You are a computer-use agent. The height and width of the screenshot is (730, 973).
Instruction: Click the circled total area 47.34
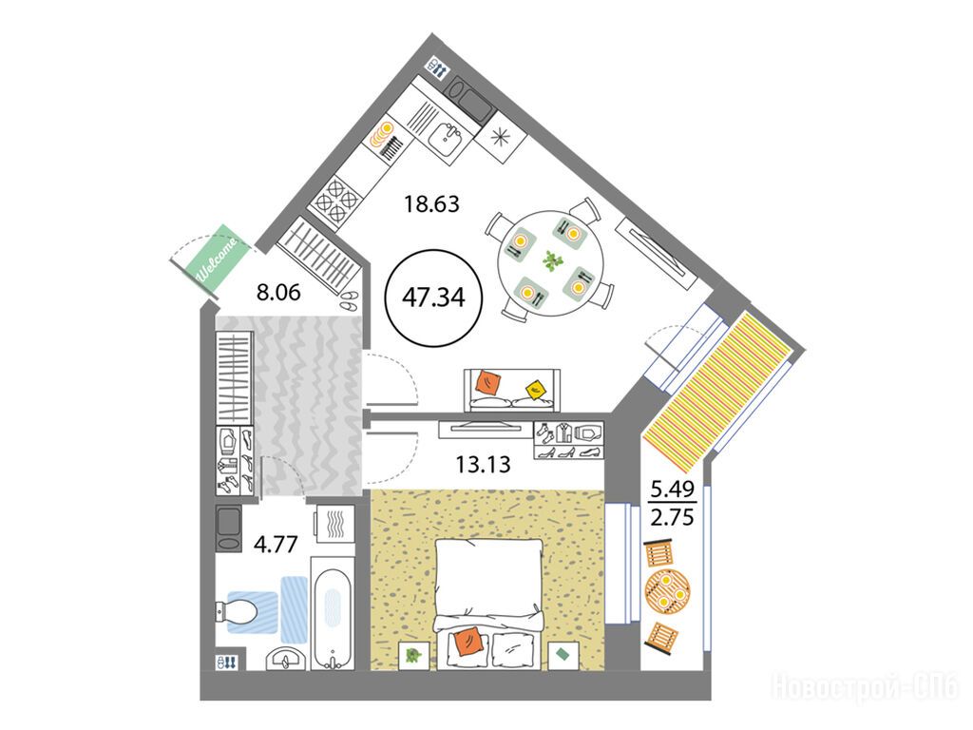pyautogui.click(x=433, y=298)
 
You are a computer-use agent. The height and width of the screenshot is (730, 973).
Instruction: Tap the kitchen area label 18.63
pyautogui.click(x=431, y=203)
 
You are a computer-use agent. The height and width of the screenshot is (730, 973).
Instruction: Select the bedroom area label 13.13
pyautogui.click(x=483, y=464)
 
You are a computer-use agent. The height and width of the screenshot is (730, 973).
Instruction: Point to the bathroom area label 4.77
pyautogui.click(x=277, y=544)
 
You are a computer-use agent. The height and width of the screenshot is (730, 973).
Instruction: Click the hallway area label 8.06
pyautogui.click(x=278, y=292)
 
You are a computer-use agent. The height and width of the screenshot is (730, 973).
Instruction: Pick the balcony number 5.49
pyautogui.click(x=672, y=490)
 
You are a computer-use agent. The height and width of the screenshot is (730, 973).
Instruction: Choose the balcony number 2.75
pyautogui.click(x=672, y=516)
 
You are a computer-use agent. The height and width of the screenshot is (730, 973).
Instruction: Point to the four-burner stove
pyautogui.click(x=337, y=200)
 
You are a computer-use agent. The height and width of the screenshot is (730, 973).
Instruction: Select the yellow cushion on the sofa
pyautogui.click(x=536, y=389)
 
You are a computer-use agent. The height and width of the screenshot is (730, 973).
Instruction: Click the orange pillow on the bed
pyautogui.click(x=467, y=642)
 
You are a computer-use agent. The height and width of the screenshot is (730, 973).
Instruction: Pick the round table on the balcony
pyautogui.click(x=667, y=591)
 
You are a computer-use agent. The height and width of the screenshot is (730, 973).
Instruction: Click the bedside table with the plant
pyautogui.click(x=414, y=655)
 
